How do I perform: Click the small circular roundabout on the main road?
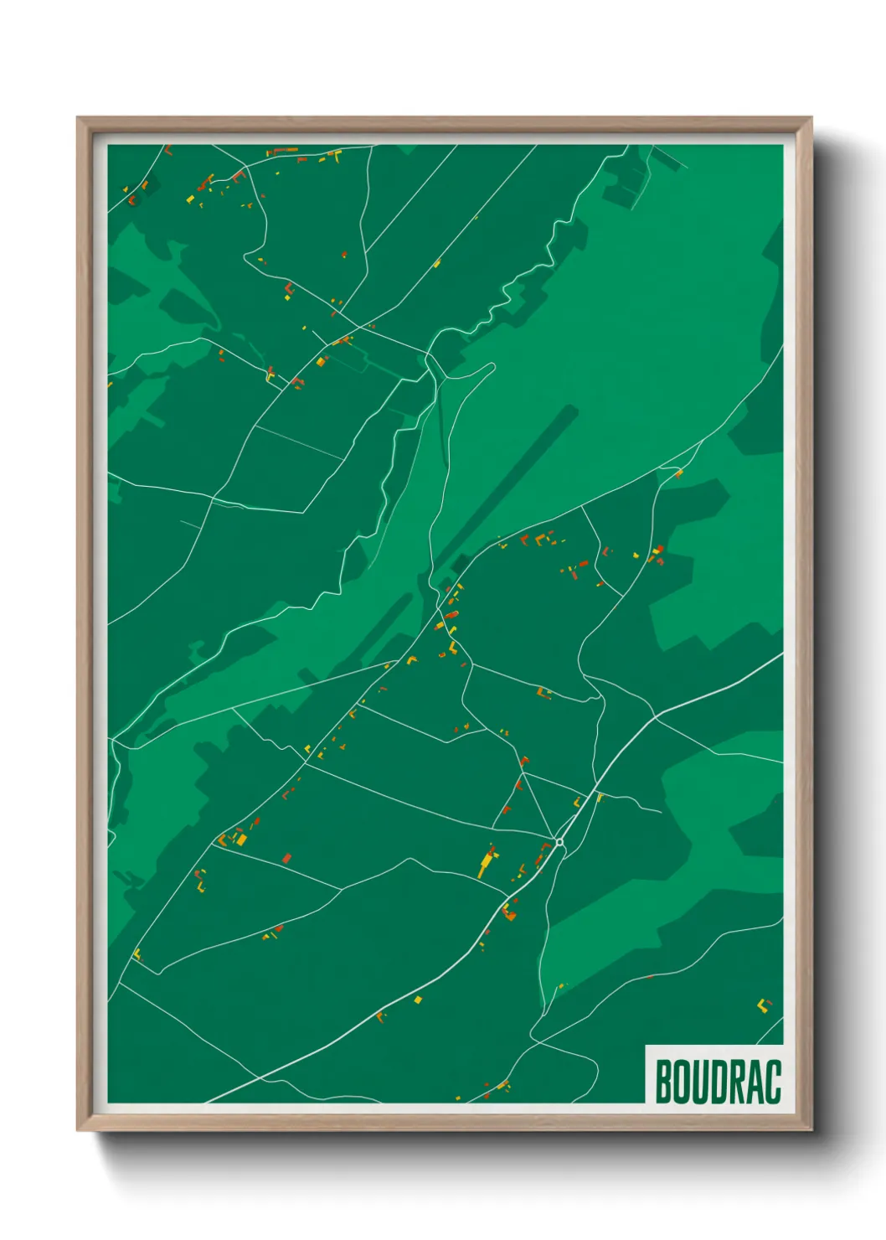[559, 842]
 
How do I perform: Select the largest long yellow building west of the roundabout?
[486, 863]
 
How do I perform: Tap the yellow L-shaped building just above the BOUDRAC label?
[763, 1005]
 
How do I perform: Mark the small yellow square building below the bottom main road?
[418, 999]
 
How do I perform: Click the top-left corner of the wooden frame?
[79, 119]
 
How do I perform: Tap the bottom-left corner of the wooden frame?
[79, 1129]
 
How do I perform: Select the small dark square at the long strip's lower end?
[460, 563]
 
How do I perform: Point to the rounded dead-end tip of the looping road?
[492, 366]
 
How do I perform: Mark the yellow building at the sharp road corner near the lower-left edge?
[137, 953]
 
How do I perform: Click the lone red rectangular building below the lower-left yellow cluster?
[286, 857]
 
